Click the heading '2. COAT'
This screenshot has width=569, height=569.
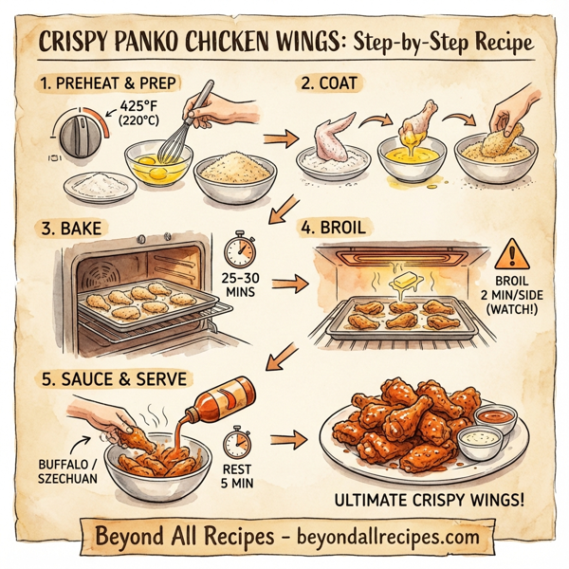[330, 83]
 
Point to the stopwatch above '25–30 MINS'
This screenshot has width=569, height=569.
[241, 251]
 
